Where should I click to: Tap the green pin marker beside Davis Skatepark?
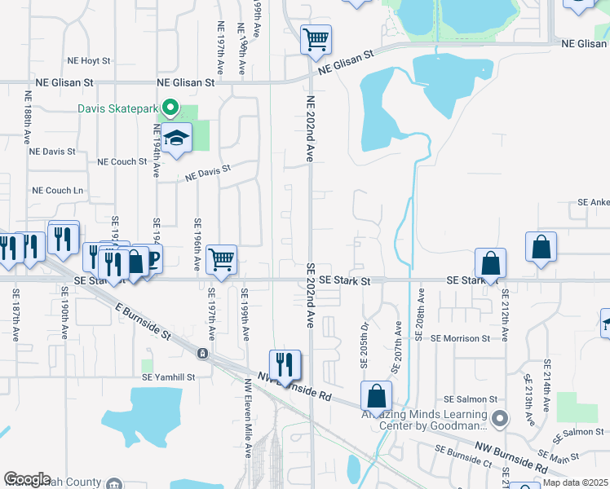(170, 107)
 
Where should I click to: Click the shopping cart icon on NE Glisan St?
(316, 38)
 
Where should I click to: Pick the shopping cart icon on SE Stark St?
(222, 259)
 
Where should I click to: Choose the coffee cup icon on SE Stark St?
(151, 259)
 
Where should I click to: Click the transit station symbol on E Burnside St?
(201, 354)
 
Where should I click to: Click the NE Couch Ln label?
(58, 190)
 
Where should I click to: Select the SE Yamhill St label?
(169, 377)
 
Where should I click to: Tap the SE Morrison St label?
(461, 338)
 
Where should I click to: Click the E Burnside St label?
(143, 321)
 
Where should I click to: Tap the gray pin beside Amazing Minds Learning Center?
(501, 419)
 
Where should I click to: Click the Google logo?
(28, 479)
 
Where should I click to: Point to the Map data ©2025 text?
(575, 482)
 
